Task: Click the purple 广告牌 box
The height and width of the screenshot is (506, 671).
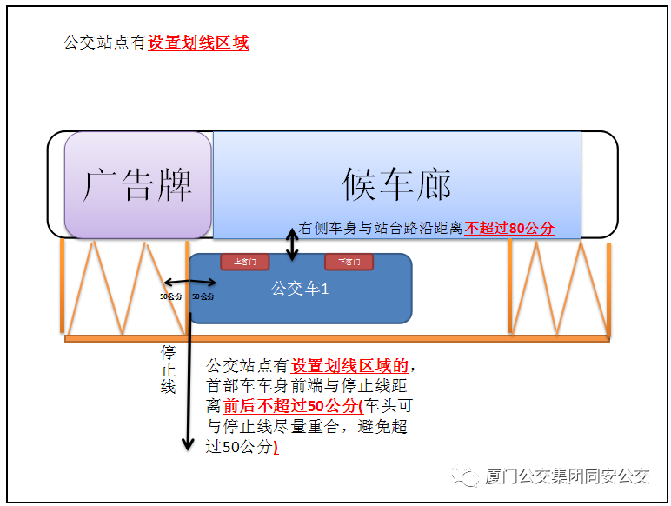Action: tap(137, 184)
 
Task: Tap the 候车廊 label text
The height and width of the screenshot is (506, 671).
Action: tap(395, 184)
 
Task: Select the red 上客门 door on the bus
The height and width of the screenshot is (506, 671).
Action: tap(244, 262)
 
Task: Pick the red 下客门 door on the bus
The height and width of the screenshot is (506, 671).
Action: tap(349, 262)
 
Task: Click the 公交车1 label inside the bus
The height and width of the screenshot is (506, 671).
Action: tap(300, 288)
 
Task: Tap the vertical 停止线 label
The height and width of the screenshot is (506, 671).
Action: tap(169, 369)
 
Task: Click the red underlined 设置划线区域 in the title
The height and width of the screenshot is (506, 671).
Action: tap(198, 42)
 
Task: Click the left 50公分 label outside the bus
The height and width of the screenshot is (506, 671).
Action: tap(170, 296)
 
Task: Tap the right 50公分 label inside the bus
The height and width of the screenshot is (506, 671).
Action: tap(203, 296)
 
